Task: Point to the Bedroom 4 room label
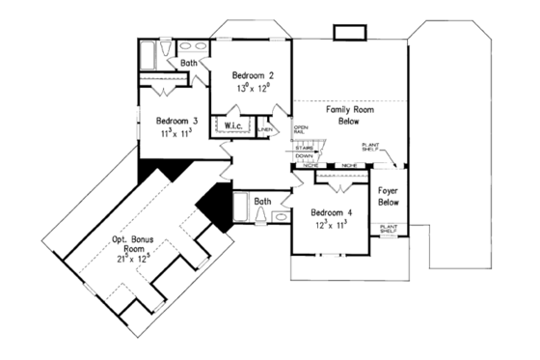click(x=330, y=212)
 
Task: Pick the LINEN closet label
click(x=266, y=129)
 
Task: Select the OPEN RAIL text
click(x=301, y=130)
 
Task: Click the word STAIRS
click(x=304, y=148)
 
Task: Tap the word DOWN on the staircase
click(x=304, y=155)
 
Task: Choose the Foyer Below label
click(x=389, y=197)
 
